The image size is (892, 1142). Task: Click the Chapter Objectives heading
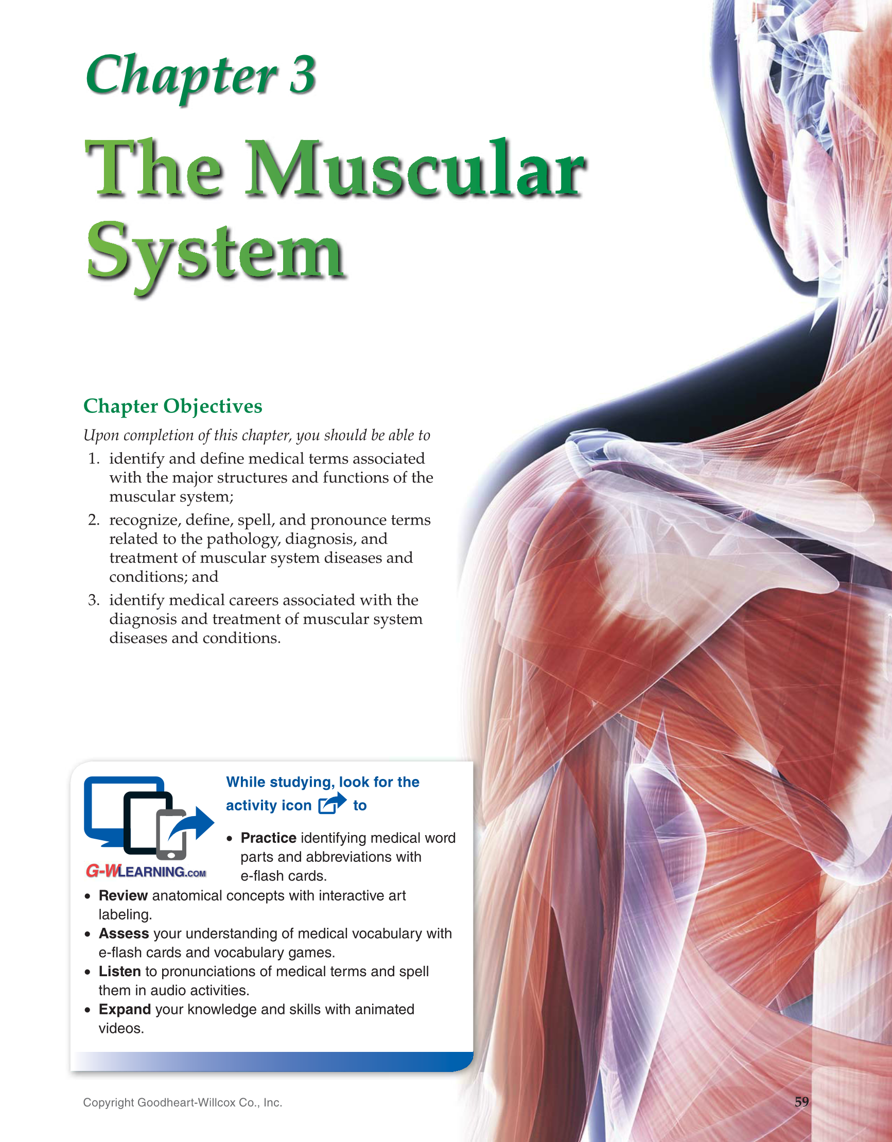pos(172,406)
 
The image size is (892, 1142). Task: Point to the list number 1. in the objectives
pos(94,459)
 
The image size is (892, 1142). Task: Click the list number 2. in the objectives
pos(94,520)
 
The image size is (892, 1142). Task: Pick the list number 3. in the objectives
pos(94,600)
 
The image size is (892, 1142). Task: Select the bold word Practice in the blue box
pos(268,838)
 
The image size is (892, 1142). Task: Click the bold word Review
pos(123,895)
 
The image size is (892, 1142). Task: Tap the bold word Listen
pos(120,971)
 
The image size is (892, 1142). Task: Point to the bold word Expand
pos(125,1009)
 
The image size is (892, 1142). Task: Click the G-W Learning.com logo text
pos(146,871)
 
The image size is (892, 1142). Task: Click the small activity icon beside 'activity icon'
pos(333,804)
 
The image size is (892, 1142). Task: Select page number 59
pos(801,1102)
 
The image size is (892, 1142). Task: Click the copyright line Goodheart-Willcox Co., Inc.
pos(183,1102)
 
